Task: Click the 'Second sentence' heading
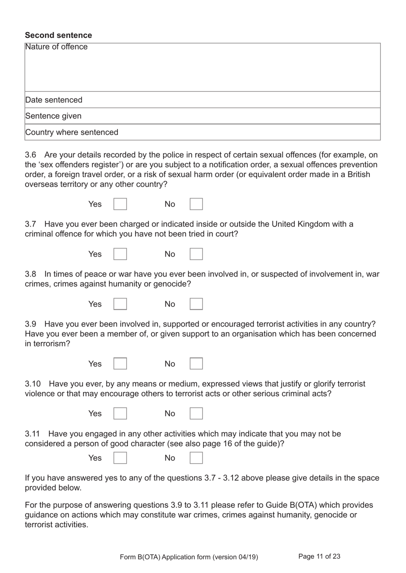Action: pyautogui.click(x=58, y=35)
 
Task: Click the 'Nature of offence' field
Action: pyautogui.click(x=202, y=67)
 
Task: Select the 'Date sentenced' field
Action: pyautogui.click(x=202, y=100)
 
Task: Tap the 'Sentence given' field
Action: pyautogui.click(x=202, y=116)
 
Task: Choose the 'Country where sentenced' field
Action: pyautogui.click(x=202, y=132)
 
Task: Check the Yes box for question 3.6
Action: pyautogui.click(x=120, y=204)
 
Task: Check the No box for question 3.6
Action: pyautogui.click(x=196, y=204)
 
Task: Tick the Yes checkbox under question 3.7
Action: pyautogui.click(x=120, y=254)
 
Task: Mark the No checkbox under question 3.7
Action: pyautogui.click(x=196, y=254)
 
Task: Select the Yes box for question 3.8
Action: pyautogui.click(x=120, y=304)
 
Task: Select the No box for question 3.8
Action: pyautogui.click(x=196, y=304)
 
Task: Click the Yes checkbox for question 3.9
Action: pyautogui.click(x=120, y=364)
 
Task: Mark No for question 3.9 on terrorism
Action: pyautogui.click(x=196, y=364)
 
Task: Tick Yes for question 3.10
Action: pyautogui.click(x=120, y=413)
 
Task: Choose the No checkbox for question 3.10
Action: pyautogui.click(x=196, y=413)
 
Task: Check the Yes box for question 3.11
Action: pyautogui.click(x=120, y=458)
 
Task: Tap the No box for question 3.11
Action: pyautogui.click(x=196, y=458)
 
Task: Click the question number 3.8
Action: pyautogui.click(x=30, y=274)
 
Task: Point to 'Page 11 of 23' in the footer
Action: pyautogui.click(x=319, y=556)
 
